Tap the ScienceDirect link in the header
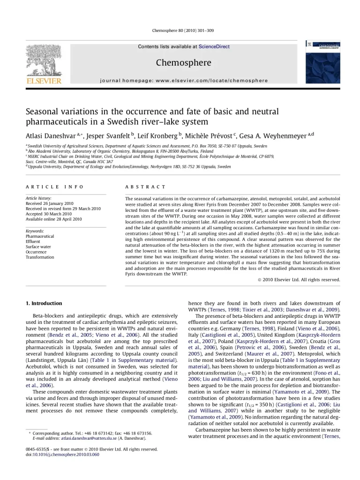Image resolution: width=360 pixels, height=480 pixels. [x=214, y=47]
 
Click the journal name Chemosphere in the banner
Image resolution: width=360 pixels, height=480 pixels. [x=183, y=63]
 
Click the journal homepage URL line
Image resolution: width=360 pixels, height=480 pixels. [x=184, y=81]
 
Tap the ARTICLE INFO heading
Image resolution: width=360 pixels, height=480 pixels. [x=54, y=187]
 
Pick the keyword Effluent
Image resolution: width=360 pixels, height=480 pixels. [x=33, y=241]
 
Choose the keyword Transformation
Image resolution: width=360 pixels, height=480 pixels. [x=40, y=257]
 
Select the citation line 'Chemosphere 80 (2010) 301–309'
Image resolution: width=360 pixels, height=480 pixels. [x=183, y=31]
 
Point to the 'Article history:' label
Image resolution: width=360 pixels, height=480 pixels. [x=38, y=199]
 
